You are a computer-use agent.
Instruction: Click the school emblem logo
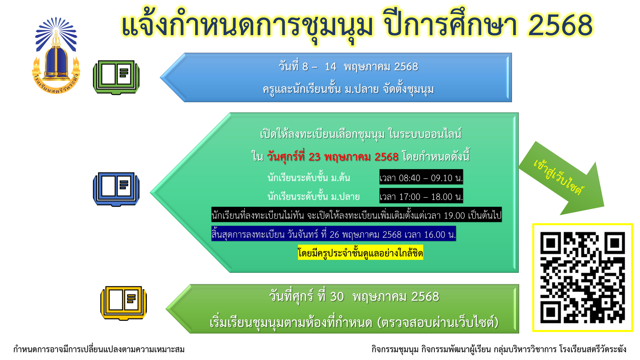[x=56, y=56]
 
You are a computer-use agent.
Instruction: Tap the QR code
[x=582, y=278]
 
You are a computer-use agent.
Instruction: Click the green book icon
[x=116, y=77]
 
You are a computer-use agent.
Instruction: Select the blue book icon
[x=116, y=189]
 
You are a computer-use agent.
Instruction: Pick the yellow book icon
[x=124, y=303]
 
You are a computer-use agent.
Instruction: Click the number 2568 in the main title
[x=560, y=26]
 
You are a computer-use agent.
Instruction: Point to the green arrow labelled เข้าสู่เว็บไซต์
[x=562, y=178]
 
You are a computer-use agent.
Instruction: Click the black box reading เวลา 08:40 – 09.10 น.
[x=421, y=177]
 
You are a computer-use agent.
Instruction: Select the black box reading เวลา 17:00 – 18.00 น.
[x=421, y=196]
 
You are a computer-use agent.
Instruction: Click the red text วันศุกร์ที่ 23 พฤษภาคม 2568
[x=332, y=156]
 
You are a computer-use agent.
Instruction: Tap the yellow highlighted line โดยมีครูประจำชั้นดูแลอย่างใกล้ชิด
[x=360, y=252]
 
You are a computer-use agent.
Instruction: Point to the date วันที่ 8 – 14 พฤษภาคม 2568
[x=348, y=67]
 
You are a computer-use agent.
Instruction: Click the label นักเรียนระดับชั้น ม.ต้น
[x=308, y=178]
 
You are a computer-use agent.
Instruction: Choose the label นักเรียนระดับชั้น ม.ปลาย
[x=314, y=196]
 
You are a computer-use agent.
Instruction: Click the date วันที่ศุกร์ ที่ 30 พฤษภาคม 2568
[x=354, y=297]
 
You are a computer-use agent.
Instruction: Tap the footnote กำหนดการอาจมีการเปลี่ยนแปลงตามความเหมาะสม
[x=99, y=349]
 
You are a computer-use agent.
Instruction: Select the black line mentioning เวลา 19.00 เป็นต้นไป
[x=356, y=215]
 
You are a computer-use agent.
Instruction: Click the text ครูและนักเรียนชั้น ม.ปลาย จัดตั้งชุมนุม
[x=348, y=89]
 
